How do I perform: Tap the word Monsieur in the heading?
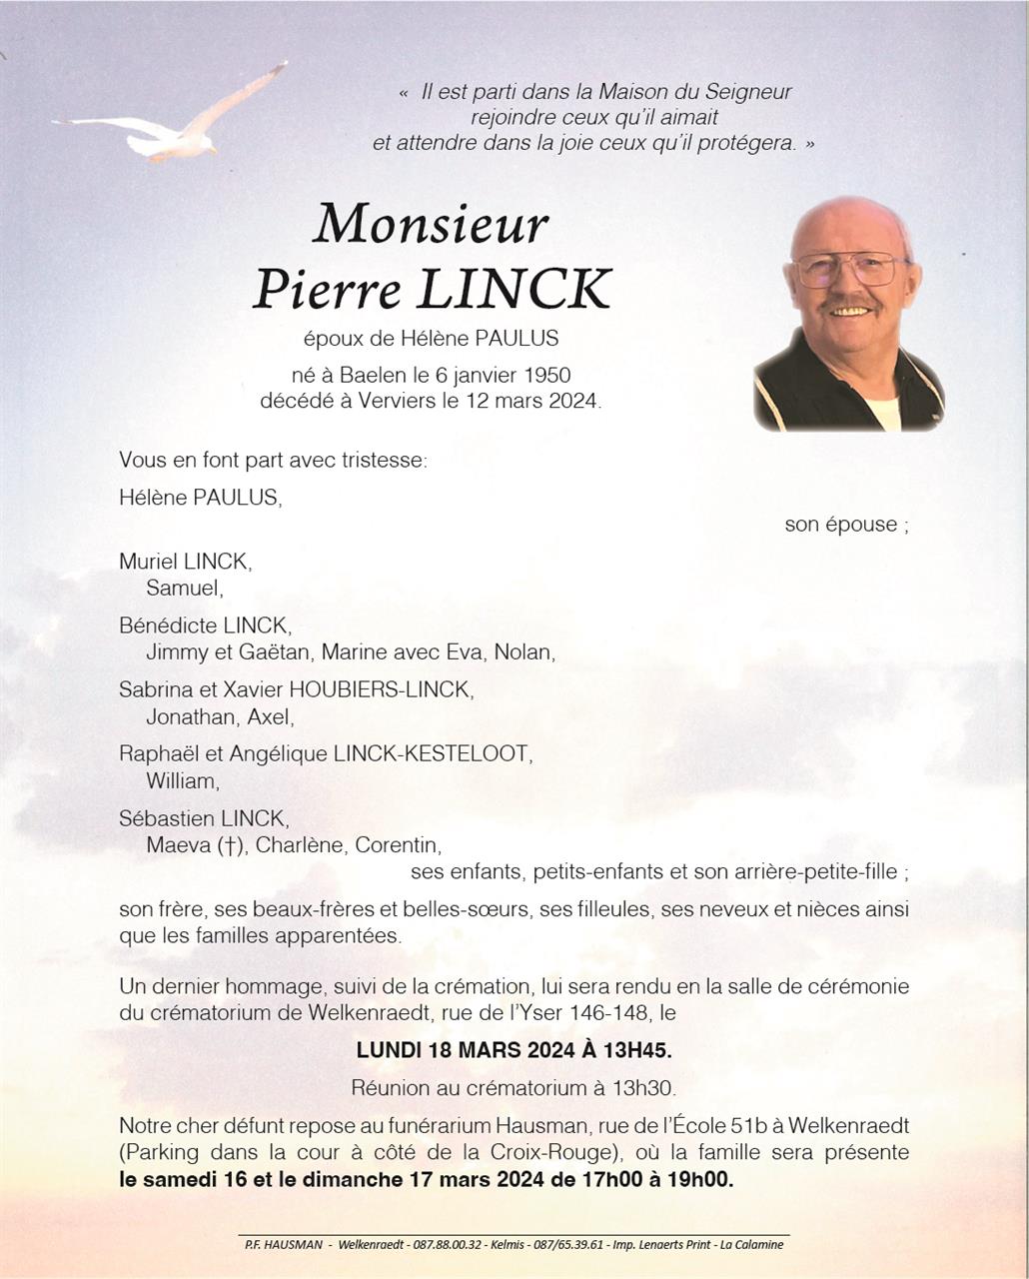click(x=431, y=224)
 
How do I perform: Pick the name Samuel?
click(x=183, y=589)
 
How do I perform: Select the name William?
click(x=181, y=780)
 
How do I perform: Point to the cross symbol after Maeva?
click(x=231, y=845)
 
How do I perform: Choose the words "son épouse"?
click(x=840, y=525)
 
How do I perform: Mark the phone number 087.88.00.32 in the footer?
click(x=447, y=1244)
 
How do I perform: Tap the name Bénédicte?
click(x=168, y=626)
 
